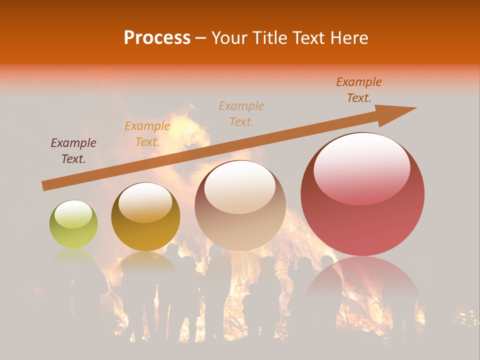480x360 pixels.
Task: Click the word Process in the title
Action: [x=157, y=38]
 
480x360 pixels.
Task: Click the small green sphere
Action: [x=73, y=224]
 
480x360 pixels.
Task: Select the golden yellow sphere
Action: [x=145, y=216]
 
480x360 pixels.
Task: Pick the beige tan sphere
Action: [x=240, y=205]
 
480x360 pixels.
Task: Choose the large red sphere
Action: [x=362, y=194]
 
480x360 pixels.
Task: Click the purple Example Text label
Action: [x=73, y=151]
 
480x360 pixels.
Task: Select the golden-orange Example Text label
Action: [x=147, y=134]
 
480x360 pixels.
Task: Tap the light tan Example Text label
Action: [x=241, y=113]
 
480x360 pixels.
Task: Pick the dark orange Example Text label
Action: [x=359, y=90]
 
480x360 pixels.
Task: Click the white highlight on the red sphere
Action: [x=361, y=167]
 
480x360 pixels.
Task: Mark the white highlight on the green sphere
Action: [x=73, y=214]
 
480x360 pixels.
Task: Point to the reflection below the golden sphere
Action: [x=145, y=265]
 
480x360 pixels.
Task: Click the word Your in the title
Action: [x=229, y=38]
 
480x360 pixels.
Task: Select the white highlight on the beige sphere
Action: [x=239, y=186]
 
